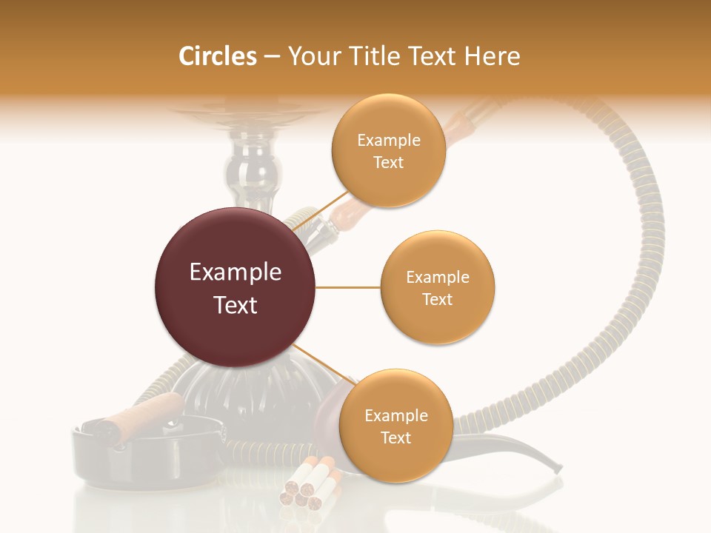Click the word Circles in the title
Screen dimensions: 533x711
(218, 56)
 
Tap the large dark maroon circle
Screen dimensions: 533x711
(235, 287)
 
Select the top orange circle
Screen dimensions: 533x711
(388, 150)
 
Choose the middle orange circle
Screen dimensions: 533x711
(437, 287)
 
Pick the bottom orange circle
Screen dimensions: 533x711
(395, 426)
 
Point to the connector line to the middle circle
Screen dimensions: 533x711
(347, 287)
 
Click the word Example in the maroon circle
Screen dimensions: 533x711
(235, 272)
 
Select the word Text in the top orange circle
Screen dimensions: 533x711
(388, 162)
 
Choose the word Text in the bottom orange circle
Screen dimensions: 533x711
(395, 438)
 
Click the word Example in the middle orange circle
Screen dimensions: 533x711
(437, 278)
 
